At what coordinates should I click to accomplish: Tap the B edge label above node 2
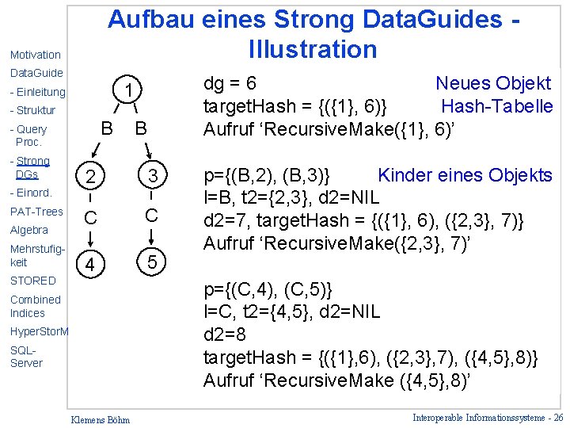(105, 127)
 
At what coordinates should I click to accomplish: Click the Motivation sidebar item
(36, 55)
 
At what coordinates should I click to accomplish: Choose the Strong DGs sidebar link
(31, 167)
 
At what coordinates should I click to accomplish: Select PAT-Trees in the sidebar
(36, 212)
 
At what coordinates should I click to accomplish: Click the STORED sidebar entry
(33, 281)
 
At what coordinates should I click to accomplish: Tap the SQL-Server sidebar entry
(26, 356)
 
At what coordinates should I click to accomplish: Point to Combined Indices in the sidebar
(35, 306)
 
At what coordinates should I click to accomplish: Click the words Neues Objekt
(492, 83)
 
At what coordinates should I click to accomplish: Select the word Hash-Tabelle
(496, 106)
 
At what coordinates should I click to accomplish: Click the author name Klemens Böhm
(101, 418)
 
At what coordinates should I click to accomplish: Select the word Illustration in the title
(313, 49)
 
